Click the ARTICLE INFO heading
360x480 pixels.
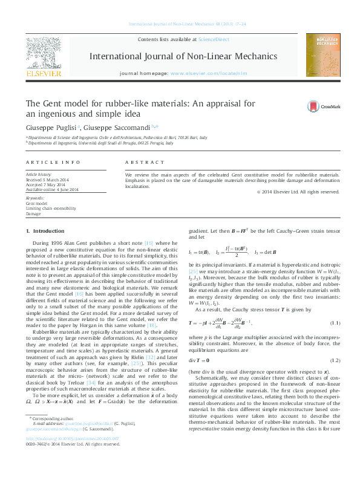point(53,163)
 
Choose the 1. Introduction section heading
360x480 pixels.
point(45,232)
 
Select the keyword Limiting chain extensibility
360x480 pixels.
point(51,209)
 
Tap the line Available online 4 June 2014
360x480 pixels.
point(52,190)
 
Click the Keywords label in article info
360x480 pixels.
point(34,198)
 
